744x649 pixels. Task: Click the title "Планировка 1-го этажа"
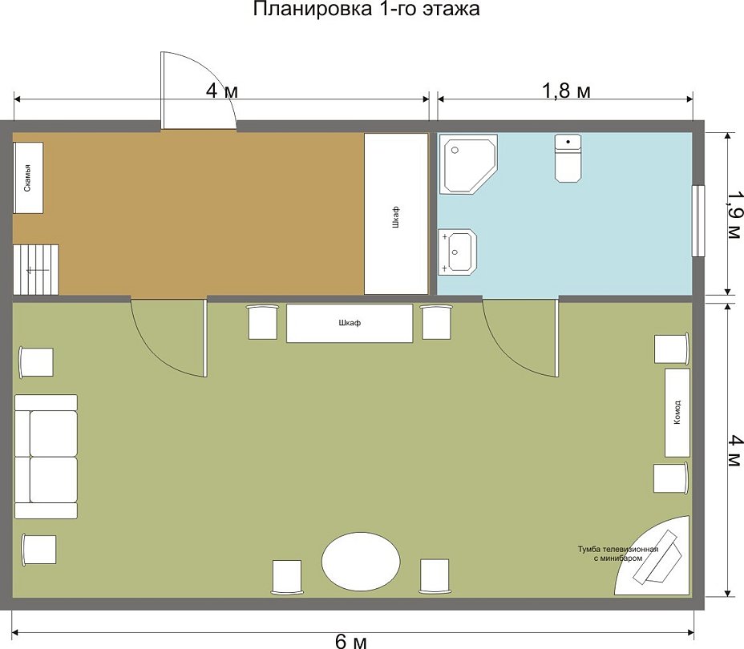pos(366,9)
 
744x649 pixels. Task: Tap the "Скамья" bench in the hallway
pos(28,178)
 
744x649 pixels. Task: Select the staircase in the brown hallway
pos(35,269)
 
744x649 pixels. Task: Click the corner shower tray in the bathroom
pos(468,163)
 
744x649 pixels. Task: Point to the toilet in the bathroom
pos(568,158)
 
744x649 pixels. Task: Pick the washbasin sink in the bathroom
pos(458,252)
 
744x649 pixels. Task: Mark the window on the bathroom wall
pos(698,220)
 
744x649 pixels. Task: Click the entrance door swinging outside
pos(198,90)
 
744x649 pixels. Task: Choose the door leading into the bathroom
pos(520,337)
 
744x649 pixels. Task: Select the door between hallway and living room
pos(169,337)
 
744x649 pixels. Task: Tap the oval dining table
pos(361,562)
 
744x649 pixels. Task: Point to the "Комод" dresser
pos(677,413)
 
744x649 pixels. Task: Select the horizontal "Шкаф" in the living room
pos(350,323)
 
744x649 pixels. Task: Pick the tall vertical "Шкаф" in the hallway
pos(396,214)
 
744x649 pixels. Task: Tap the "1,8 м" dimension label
pos(566,90)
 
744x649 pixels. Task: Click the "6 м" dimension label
pos(350,642)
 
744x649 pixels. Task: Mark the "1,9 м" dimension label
pos(734,215)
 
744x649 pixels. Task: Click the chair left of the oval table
pos(287,576)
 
